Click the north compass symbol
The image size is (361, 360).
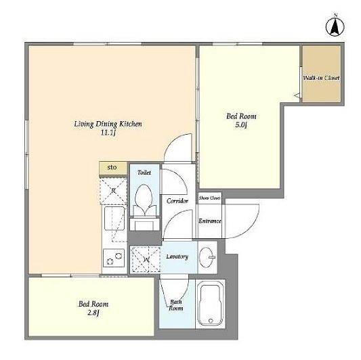(335, 26)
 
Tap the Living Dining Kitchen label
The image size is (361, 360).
(108, 125)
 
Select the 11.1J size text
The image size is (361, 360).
(108, 133)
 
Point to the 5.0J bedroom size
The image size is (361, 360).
(241, 125)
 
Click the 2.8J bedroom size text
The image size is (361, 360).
(93, 313)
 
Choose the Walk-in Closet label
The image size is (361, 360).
(322, 78)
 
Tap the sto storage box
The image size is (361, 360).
(113, 168)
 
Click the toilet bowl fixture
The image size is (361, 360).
(144, 200)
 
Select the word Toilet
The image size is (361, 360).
(144, 173)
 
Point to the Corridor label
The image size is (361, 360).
(177, 201)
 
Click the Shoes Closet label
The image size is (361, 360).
(209, 198)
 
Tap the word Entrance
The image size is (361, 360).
(210, 221)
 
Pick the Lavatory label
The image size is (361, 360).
(177, 256)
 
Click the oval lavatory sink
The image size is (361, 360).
(207, 257)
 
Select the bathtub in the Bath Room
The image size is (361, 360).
(211, 305)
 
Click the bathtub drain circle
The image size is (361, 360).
(211, 321)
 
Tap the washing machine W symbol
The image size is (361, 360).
(146, 259)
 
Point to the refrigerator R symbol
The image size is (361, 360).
(113, 191)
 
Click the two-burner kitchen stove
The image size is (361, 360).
(114, 258)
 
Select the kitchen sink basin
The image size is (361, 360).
(114, 219)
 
